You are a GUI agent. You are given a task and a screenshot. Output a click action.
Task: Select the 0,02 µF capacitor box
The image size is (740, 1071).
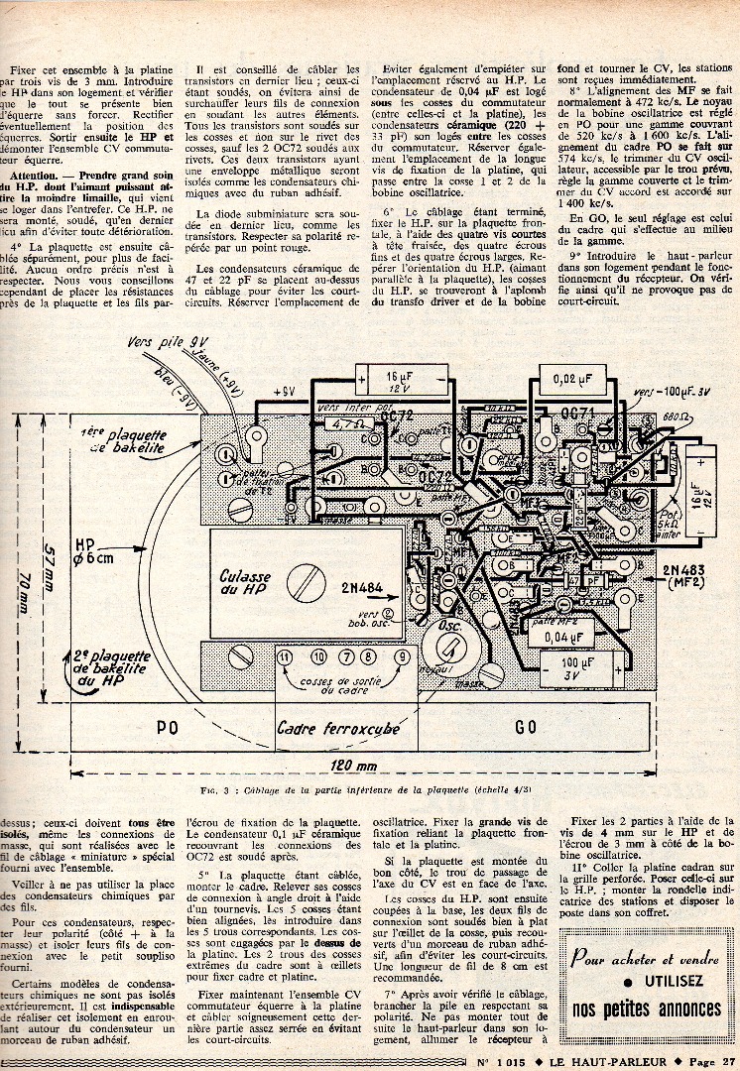tap(573, 378)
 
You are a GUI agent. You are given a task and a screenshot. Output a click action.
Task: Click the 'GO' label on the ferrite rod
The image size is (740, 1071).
tap(527, 726)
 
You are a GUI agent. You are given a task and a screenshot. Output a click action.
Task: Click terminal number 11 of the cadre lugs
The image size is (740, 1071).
tap(286, 656)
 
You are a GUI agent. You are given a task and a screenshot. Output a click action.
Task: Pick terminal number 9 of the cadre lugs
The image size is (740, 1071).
tap(402, 656)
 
